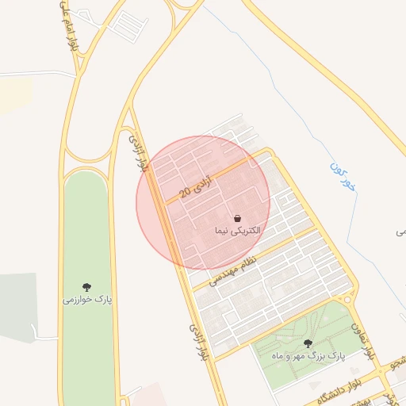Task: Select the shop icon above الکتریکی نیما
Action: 237,218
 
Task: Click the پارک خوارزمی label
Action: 87,300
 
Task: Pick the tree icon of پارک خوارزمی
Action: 86,287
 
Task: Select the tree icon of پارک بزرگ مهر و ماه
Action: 308,343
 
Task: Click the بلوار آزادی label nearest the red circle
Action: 138,154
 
